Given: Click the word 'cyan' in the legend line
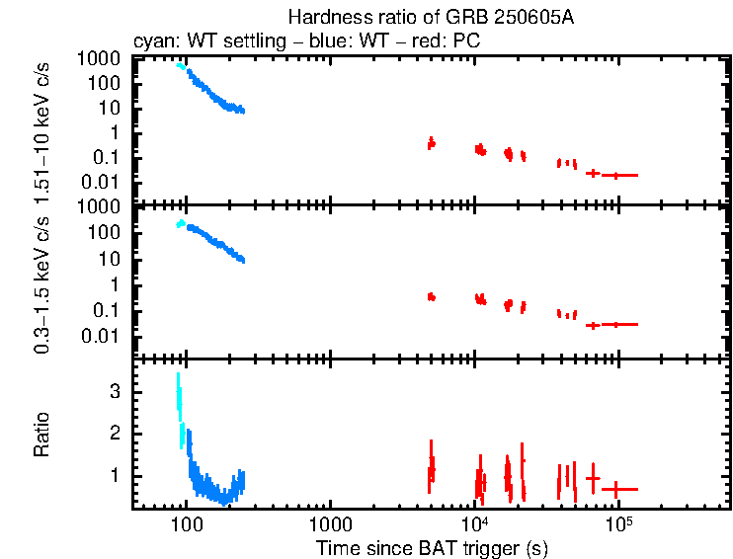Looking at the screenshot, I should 150,42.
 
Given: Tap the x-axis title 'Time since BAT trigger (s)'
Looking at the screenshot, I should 432,547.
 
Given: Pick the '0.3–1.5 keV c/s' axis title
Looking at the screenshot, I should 42,282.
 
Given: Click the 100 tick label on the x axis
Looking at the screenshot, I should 186,523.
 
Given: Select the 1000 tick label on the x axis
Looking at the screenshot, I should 330,523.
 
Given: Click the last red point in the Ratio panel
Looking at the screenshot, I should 618,489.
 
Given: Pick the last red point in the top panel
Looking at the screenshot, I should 618,175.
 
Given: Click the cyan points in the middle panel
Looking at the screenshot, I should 180,224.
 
